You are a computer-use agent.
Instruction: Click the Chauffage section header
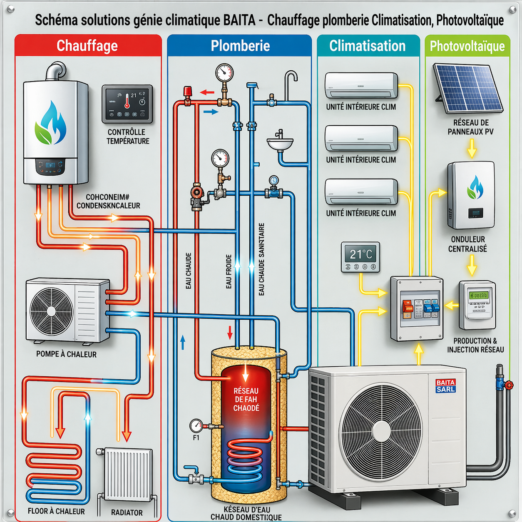click(87, 46)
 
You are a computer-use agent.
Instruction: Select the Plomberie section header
click(240, 46)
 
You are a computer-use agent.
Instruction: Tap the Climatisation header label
click(367, 46)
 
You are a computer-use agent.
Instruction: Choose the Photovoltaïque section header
click(467, 46)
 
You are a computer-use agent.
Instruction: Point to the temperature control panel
click(127, 104)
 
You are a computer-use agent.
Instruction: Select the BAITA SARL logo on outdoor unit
click(445, 386)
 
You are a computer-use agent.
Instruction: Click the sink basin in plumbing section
click(280, 144)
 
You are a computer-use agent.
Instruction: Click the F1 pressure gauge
click(196, 426)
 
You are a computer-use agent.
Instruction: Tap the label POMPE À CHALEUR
click(66, 354)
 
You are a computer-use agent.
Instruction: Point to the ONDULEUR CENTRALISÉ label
click(467, 244)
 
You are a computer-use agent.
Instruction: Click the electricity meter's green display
click(478, 295)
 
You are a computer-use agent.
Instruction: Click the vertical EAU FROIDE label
click(229, 271)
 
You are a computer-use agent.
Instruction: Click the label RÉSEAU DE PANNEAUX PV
click(471, 127)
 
